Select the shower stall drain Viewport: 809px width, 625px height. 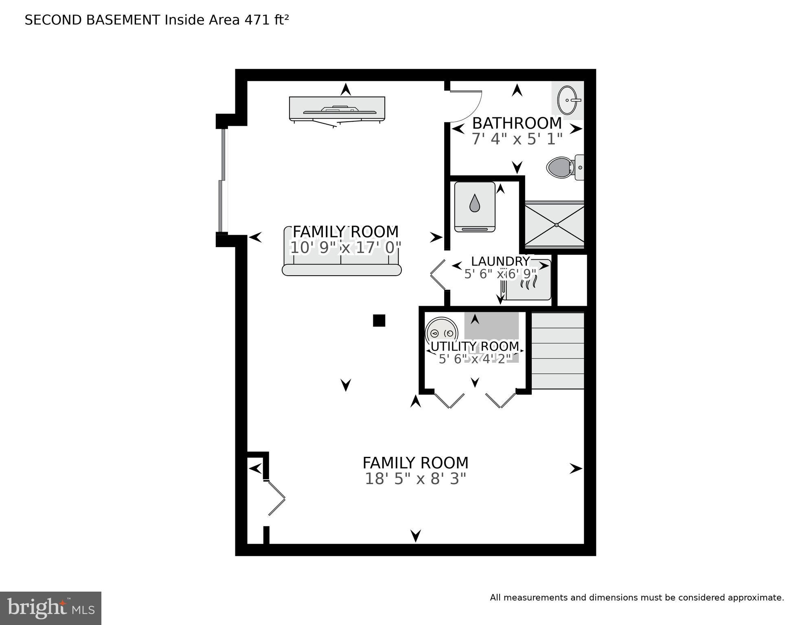556,225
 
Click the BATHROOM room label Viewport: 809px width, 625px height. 517,123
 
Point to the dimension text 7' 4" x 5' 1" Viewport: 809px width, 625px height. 517,139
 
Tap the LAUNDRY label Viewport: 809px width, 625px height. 500,261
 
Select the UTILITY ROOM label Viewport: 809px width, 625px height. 475,346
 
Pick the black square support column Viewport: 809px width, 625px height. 379,320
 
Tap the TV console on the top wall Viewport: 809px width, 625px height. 337,109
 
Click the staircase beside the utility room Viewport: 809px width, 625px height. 558,351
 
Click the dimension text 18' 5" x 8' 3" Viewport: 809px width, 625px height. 415,479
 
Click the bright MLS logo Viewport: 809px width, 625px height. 50,608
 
